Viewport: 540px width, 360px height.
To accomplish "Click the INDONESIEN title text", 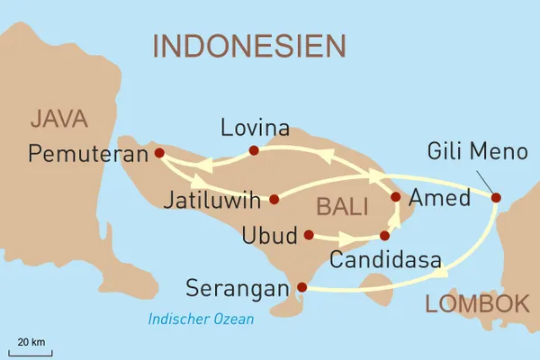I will point(249,45).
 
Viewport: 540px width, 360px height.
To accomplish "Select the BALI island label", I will point(341,207).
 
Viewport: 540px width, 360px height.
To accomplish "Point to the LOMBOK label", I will point(477,304).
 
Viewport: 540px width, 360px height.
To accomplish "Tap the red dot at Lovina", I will point(254,150).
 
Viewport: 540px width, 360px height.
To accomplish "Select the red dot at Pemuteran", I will point(159,153).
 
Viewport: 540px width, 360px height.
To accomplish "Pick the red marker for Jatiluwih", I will point(274,198).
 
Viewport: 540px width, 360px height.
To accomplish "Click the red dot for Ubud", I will point(309,235).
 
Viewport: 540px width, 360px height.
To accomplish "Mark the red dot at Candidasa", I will point(384,236).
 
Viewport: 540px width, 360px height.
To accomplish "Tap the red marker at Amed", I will point(395,196).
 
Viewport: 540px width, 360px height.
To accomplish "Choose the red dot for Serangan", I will point(301,288).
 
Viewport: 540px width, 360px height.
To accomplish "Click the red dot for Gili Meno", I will point(495,198).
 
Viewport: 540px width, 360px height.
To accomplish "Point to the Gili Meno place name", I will point(477,151).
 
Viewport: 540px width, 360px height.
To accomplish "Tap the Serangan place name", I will point(238,289).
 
